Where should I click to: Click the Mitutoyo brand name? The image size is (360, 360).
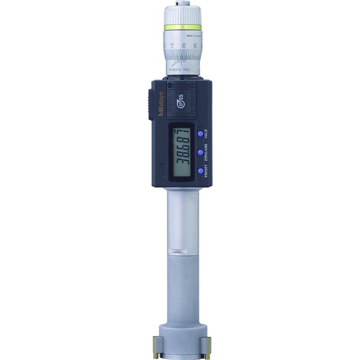coord(161,104)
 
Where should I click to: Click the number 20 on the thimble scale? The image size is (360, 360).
coord(184,45)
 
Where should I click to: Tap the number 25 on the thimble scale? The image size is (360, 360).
coord(195,45)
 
